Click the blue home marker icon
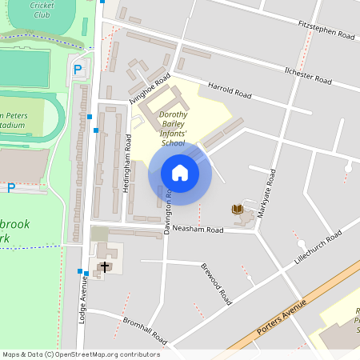[x=179, y=173]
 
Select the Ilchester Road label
[x=308, y=75]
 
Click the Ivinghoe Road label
[x=151, y=89]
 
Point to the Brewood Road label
[x=215, y=282]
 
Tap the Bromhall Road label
[x=145, y=328]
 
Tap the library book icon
[x=237, y=210]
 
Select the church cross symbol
[x=104, y=266]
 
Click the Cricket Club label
[x=42, y=10]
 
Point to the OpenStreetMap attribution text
[x=81, y=354]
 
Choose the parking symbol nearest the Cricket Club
[x=78, y=70]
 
